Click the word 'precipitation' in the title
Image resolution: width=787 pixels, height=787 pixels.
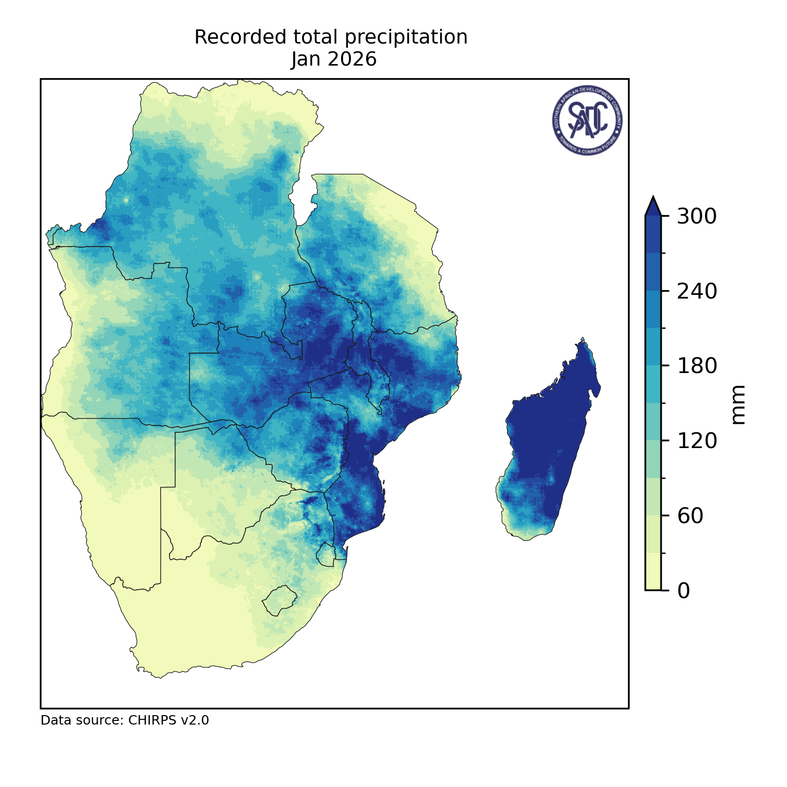407,38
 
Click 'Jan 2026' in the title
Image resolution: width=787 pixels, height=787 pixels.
334,59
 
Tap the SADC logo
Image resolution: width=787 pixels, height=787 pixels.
587,120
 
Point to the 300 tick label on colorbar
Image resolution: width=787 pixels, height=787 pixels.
696,216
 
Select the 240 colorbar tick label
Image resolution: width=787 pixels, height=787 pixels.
696,291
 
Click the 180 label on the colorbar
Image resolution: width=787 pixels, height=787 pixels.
696,366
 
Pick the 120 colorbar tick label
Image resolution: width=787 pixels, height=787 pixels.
696,441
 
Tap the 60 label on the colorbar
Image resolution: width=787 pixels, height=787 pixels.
690,516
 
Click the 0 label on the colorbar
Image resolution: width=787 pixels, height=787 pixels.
684,591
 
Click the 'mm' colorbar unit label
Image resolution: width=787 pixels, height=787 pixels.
738,404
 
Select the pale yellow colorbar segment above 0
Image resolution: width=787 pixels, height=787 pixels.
653,571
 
